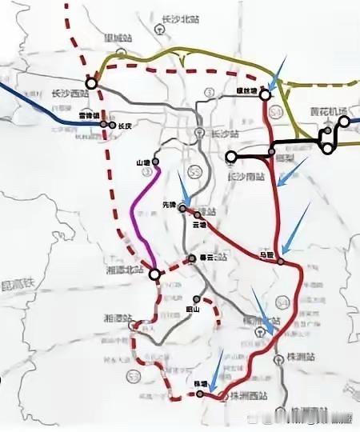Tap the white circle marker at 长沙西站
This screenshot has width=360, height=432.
92,82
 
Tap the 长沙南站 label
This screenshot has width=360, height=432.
246,175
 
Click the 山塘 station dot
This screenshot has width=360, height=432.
155,162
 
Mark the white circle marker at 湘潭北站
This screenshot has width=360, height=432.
154,274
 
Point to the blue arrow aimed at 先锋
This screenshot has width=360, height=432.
183,194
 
